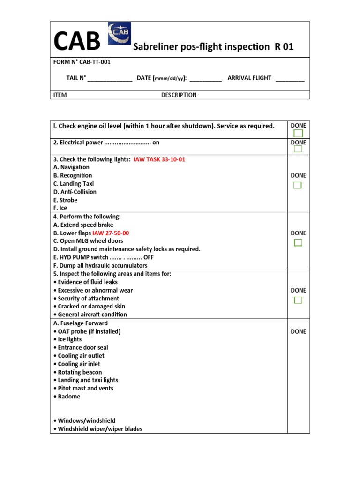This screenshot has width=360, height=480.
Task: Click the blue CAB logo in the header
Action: coord(120,34)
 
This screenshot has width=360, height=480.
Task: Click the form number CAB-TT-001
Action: coord(82,62)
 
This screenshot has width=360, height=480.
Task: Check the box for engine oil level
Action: coord(298,134)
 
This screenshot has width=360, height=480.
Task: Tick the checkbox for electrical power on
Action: coord(298,149)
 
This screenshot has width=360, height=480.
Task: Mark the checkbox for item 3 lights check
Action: coord(298,185)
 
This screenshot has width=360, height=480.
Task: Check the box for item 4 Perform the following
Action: coord(298,242)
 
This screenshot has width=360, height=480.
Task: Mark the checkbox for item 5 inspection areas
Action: coord(298,300)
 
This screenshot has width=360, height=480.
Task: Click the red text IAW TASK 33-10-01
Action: coord(159,159)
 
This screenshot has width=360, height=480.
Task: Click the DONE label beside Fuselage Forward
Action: coord(298,331)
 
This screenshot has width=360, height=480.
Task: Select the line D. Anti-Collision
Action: coord(75,192)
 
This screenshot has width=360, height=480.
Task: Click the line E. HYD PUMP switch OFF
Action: coord(104,257)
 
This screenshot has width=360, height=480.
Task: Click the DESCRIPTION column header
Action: coord(179,95)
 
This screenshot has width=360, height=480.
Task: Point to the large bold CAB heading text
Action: coord(77,41)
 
